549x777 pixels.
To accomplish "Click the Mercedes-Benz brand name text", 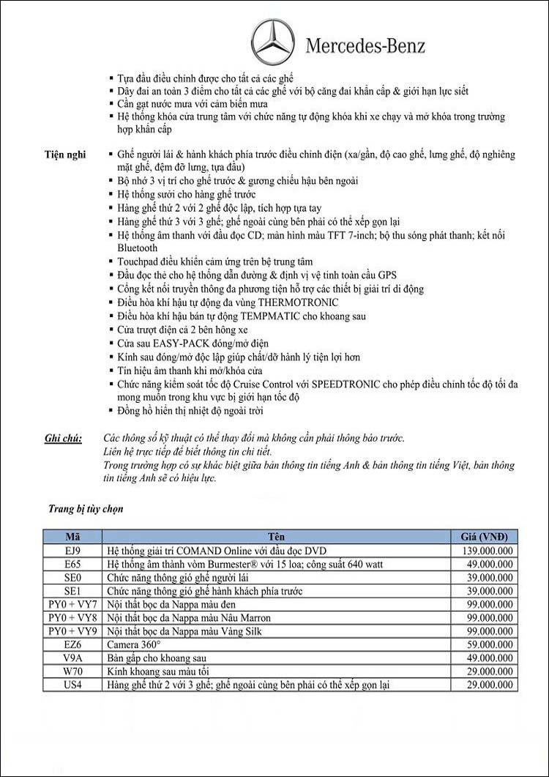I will click(x=365, y=46).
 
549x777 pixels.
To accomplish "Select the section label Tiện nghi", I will click(x=65, y=155).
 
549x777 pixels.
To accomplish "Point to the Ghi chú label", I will click(x=63, y=438).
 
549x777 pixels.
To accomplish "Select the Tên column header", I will click(x=277, y=536).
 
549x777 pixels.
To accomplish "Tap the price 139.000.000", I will click(x=488, y=550).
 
